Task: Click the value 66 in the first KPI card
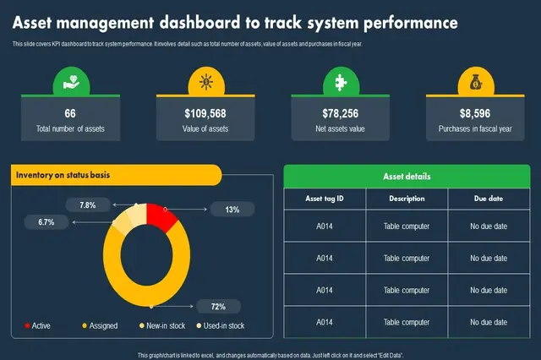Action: point(70,113)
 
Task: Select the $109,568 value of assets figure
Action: point(205,113)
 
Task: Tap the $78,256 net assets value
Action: point(340,113)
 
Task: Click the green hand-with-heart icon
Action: point(70,82)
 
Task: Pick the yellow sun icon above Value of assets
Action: point(205,82)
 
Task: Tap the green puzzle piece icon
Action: point(340,82)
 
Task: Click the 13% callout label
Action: point(232,209)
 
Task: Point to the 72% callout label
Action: point(218,306)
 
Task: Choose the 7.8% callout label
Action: point(88,205)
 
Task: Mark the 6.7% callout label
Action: point(46,222)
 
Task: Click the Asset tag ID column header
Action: point(324,199)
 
